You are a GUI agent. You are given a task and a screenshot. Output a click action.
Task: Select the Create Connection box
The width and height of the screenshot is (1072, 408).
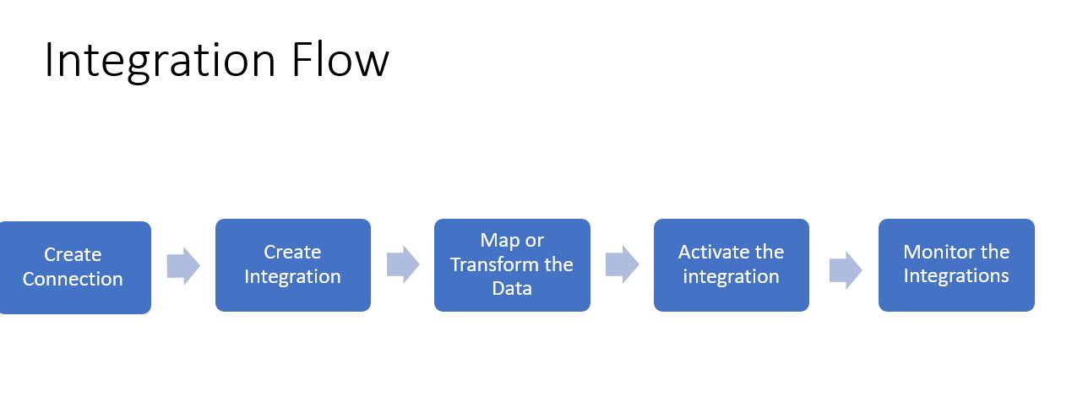click(x=74, y=267)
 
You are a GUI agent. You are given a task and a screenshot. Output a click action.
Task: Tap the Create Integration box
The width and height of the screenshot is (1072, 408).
click(x=292, y=265)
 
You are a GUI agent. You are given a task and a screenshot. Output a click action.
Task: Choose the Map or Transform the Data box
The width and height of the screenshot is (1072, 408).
click(x=512, y=265)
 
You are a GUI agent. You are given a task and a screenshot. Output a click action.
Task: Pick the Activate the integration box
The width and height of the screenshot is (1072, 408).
click(x=731, y=265)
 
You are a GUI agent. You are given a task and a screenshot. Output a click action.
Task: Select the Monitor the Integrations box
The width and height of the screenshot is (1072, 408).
click(x=956, y=265)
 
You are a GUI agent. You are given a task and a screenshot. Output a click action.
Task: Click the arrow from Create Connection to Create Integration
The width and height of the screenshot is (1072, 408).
click(x=182, y=266)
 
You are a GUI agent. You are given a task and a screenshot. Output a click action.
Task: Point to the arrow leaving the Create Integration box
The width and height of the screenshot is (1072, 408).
click(x=403, y=265)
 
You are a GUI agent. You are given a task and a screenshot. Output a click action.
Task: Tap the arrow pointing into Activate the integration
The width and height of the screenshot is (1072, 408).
click(x=622, y=264)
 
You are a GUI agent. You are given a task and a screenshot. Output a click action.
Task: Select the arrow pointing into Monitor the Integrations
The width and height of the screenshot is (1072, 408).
click(x=845, y=269)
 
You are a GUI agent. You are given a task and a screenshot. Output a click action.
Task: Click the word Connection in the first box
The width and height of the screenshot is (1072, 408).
click(x=73, y=280)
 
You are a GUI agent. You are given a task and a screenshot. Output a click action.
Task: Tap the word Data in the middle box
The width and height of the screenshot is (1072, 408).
click(x=512, y=289)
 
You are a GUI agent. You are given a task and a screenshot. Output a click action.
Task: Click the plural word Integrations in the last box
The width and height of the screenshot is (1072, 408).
click(x=956, y=276)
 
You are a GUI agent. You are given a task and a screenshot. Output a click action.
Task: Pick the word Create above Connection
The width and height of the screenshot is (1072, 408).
click(x=73, y=255)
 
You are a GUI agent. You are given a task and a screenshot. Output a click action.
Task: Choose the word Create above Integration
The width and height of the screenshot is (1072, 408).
click(x=292, y=253)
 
